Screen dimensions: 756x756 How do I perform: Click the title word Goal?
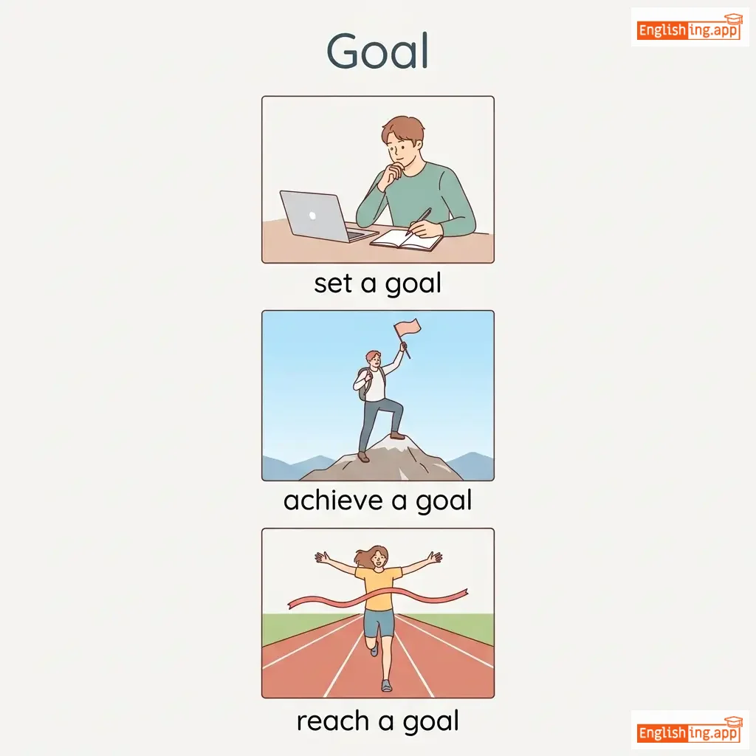(x=377, y=51)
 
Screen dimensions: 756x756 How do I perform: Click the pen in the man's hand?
(x=418, y=221)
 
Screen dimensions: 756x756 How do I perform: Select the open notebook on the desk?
(x=406, y=240)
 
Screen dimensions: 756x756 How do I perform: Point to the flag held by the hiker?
(x=408, y=328)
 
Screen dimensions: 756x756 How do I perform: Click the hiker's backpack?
(x=365, y=384)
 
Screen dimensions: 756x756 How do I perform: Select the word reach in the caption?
(x=333, y=721)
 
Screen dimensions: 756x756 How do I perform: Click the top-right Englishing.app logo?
(x=690, y=27)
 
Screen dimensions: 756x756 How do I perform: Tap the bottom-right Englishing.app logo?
(x=690, y=730)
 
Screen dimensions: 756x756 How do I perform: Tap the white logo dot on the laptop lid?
(x=312, y=216)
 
